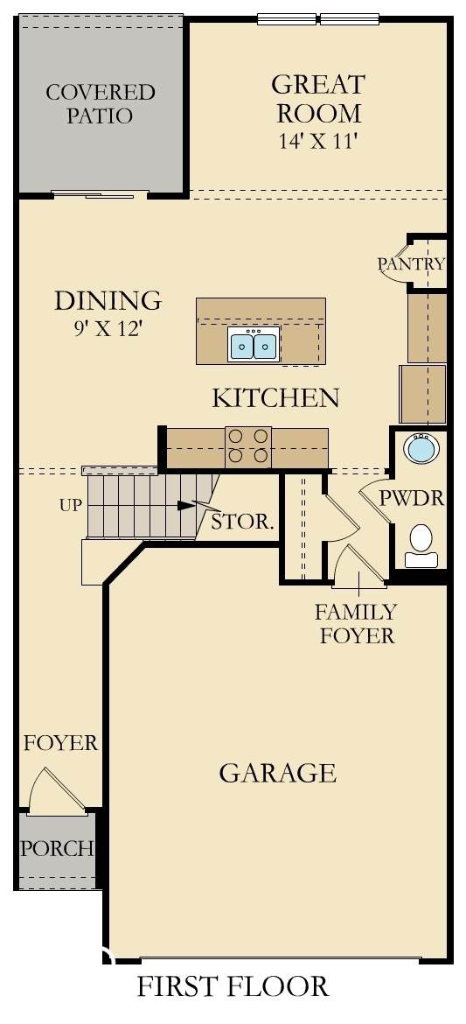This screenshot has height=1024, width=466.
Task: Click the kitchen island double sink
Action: [254, 344]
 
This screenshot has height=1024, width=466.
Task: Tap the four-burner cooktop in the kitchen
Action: [248, 446]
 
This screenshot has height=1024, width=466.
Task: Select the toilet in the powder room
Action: [421, 546]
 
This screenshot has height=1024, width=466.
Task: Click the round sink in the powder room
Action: [421, 448]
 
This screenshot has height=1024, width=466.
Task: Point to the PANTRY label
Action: [411, 263]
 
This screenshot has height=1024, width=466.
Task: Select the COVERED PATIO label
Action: [100, 104]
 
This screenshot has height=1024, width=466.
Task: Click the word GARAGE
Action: [277, 773]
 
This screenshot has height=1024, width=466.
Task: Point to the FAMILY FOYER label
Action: [357, 624]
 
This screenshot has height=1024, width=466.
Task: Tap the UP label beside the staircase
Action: [70, 505]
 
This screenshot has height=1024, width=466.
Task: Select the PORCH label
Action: [57, 848]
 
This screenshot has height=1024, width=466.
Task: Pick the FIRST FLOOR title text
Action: [233, 985]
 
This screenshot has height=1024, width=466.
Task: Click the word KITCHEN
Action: [275, 397]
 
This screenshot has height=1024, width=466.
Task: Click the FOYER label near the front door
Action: [60, 742]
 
